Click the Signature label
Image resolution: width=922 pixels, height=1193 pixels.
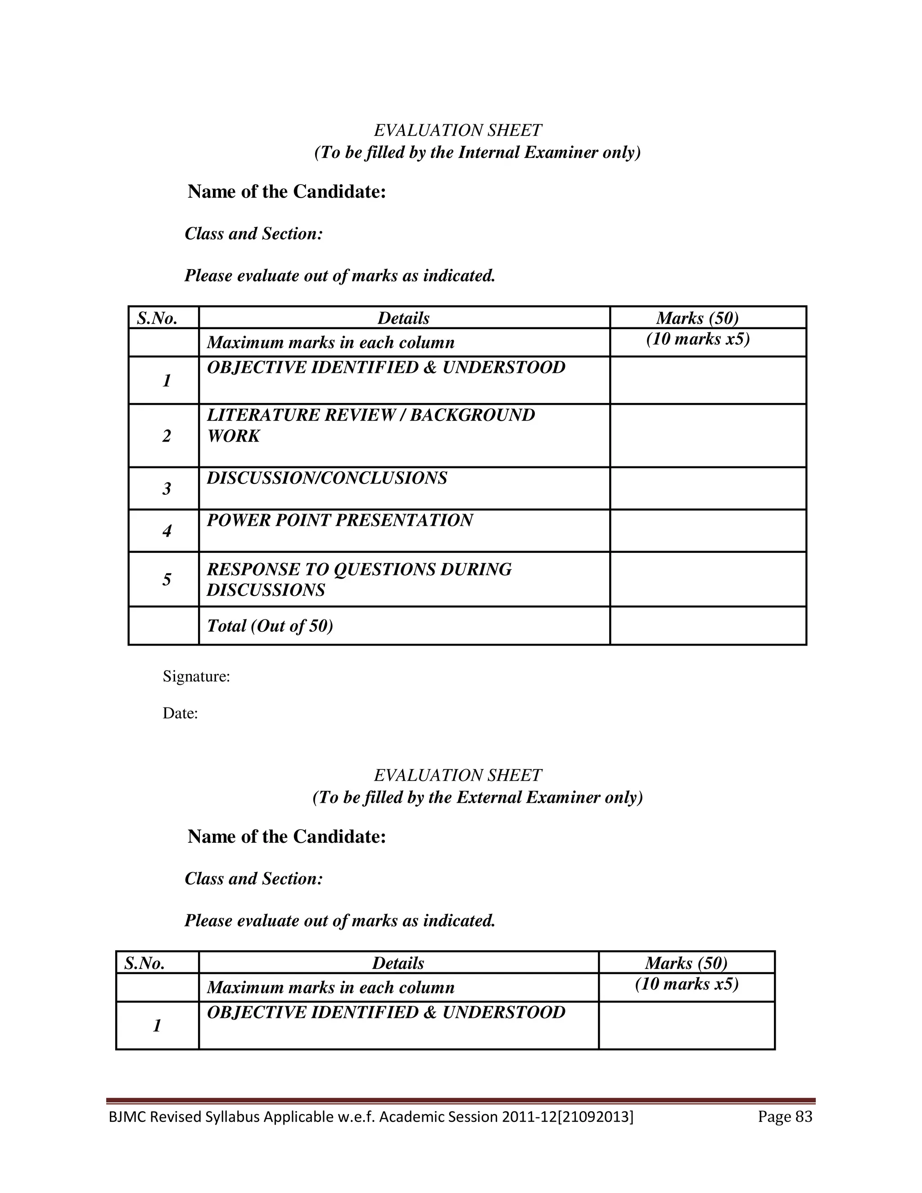tap(196, 677)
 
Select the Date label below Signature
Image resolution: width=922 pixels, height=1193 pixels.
tap(180, 714)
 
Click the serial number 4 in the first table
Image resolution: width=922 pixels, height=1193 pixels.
tap(167, 531)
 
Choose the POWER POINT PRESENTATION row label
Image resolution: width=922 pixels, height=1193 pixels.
tap(340, 520)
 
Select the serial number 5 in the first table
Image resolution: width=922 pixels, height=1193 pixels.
tap(167, 579)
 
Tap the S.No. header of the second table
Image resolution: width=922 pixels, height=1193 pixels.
tap(144, 963)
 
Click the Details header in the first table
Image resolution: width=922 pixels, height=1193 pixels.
tap(404, 318)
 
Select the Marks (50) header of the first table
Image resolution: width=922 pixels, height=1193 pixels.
tap(697, 318)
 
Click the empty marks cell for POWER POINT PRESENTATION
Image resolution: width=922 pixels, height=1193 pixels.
tap(708, 531)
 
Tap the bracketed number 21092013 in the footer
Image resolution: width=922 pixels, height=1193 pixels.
tap(596, 1116)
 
